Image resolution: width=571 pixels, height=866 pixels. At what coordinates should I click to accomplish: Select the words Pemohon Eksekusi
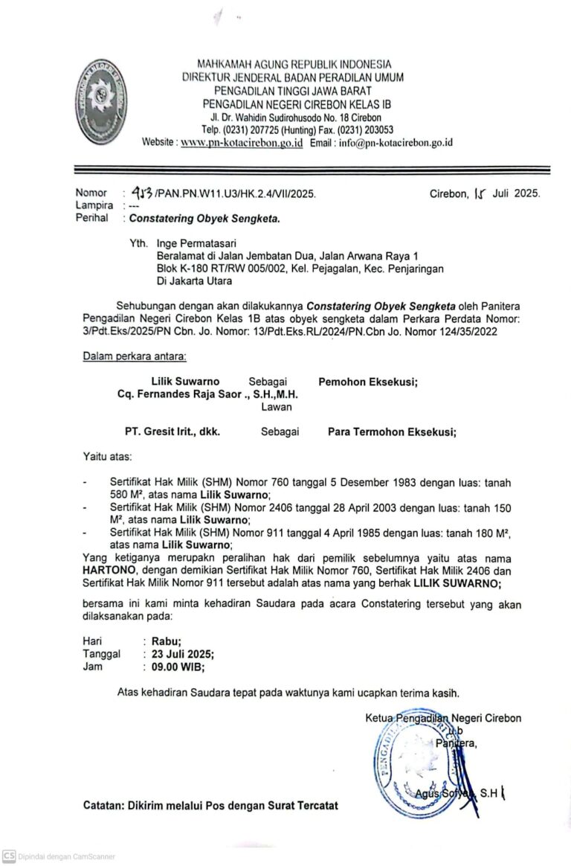(368, 381)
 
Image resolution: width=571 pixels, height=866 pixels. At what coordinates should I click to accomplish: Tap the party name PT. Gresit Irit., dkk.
(172, 431)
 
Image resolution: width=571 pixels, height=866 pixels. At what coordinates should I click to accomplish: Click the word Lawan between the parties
(276, 407)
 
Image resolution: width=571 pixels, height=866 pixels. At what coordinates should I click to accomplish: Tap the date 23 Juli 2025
(183, 653)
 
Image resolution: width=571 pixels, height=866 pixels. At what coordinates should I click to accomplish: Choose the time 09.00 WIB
(178, 667)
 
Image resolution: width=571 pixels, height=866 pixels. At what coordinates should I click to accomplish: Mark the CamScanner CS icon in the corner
(9, 856)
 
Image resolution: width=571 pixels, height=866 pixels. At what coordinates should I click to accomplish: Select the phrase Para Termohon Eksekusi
(392, 431)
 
